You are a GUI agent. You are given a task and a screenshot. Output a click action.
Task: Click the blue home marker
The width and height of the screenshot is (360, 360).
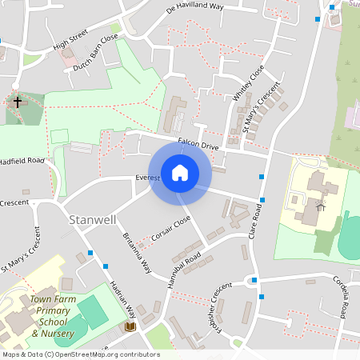(180, 172)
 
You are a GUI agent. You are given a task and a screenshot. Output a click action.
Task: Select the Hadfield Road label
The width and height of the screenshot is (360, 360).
(22, 160)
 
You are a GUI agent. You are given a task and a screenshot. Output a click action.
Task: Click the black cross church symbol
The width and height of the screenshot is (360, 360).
(18, 102)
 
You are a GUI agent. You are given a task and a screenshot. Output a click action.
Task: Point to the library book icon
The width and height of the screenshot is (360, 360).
(130, 327)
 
